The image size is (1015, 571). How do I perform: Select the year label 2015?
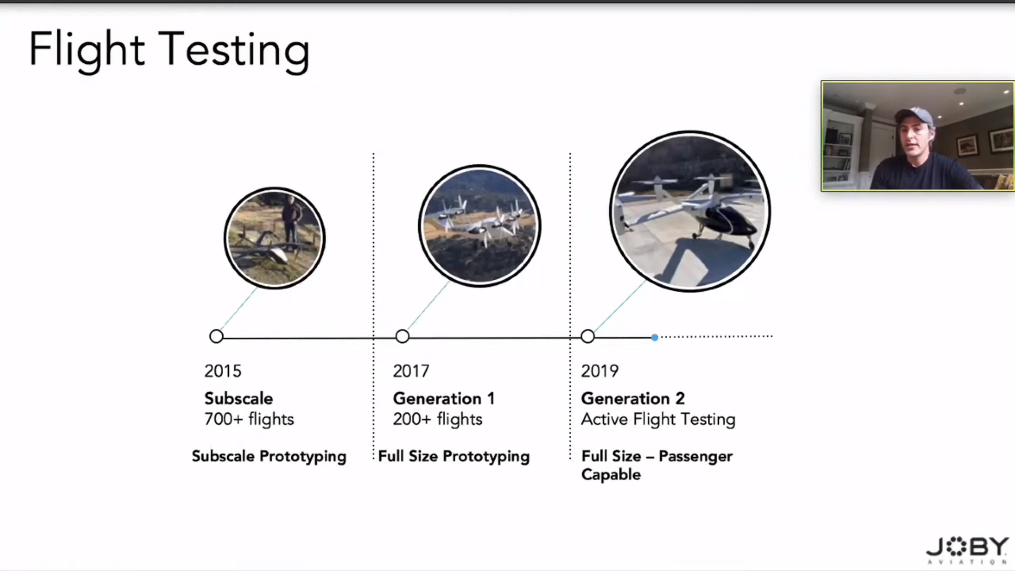point(223,371)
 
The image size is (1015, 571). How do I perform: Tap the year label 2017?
point(411,371)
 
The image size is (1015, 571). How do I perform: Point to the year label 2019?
point(600,371)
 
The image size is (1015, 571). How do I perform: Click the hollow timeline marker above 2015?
point(216,337)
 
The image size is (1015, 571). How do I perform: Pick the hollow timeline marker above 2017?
point(402,337)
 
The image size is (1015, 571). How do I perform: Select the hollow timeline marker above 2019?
point(588,337)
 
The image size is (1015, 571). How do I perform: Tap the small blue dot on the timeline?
point(654,337)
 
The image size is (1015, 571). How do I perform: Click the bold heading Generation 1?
point(444,398)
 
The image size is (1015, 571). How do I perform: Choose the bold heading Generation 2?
point(633,398)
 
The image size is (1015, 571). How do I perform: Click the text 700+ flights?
point(249,419)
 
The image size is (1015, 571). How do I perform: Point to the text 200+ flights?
point(437,419)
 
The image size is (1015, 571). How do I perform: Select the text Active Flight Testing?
point(658,419)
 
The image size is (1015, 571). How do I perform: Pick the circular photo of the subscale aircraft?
point(275,238)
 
